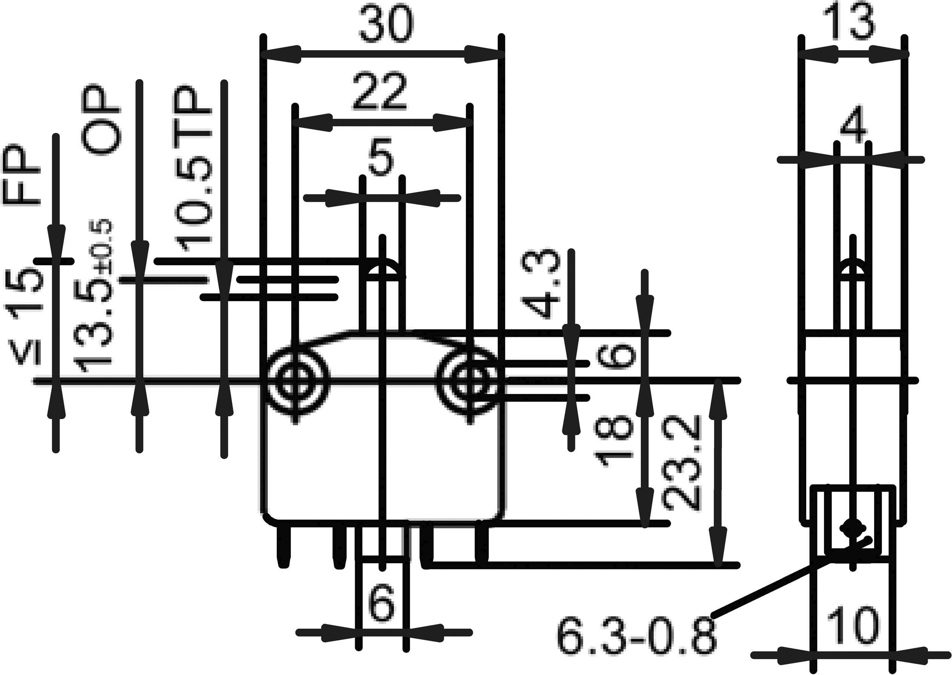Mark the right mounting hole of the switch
[471, 380]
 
